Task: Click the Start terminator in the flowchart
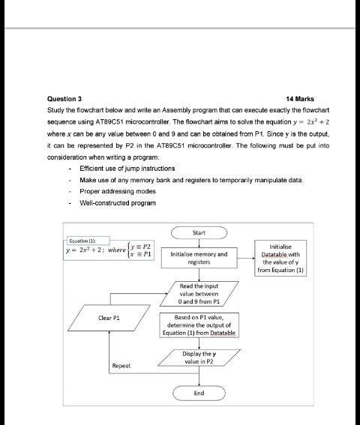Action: point(199,233)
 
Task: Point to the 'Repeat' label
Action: point(121,366)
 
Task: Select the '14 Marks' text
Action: point(301,99)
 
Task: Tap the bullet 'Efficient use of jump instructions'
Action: point(121,169)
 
